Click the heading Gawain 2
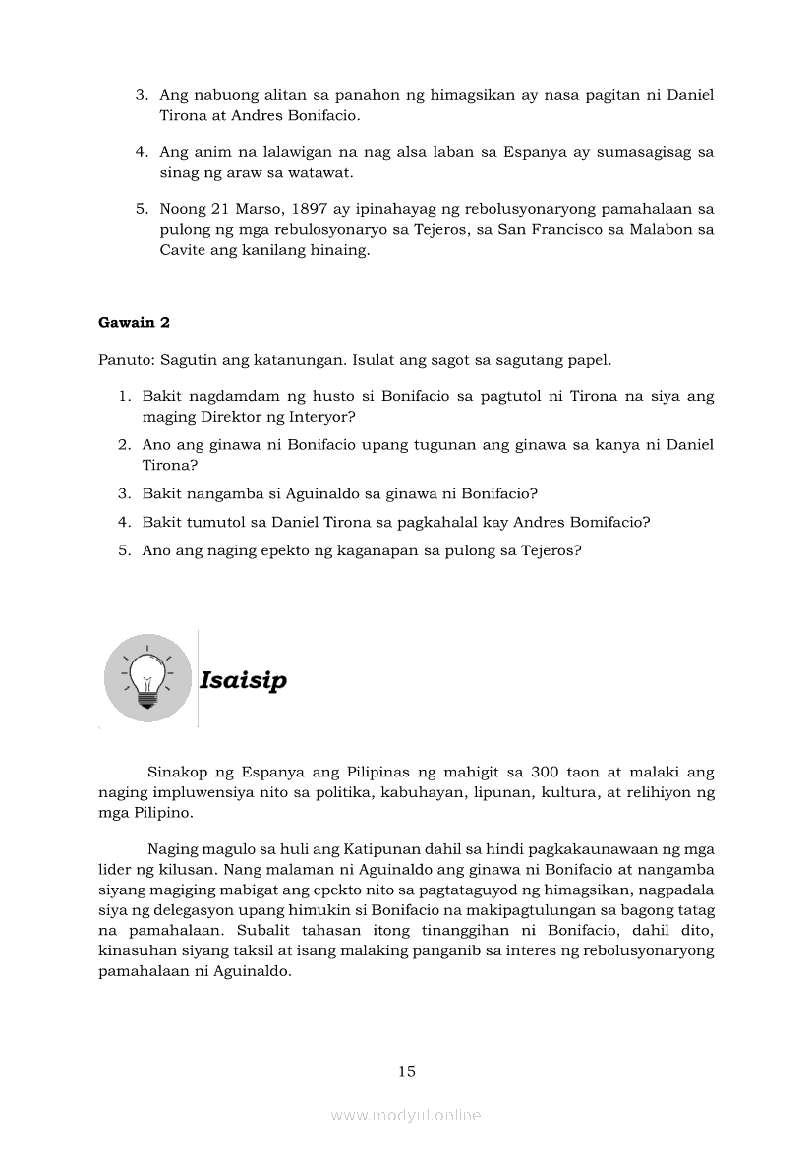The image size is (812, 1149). pyautogui.click(x=135, y=322)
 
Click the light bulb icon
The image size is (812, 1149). pyautogui.click(x=147, y=678)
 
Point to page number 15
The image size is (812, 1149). pyautogui.click(x=407, y=1071)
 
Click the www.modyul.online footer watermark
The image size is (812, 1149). pyautogui.click(x=406, y=1115)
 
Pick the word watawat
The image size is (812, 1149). pyautogui.click(x=296, y=172)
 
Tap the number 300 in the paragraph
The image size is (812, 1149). pyautogui.click(x=546, y=773)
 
